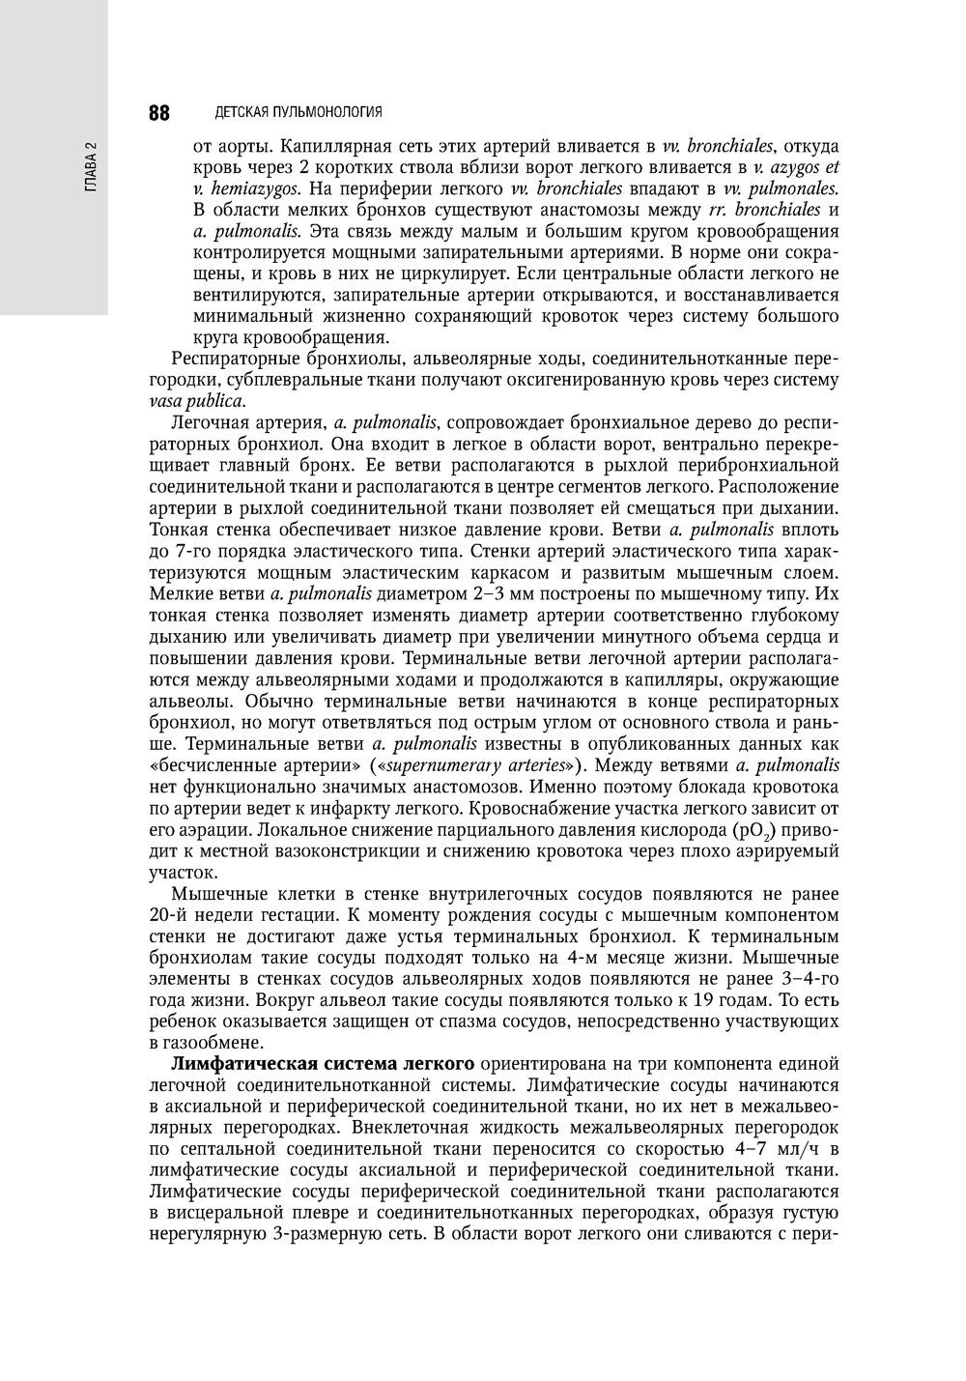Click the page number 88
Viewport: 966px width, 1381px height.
click(159, 112)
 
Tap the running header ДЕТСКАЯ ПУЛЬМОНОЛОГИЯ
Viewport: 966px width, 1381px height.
click(298, 112)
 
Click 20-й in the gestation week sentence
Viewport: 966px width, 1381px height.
click(172, 914)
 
